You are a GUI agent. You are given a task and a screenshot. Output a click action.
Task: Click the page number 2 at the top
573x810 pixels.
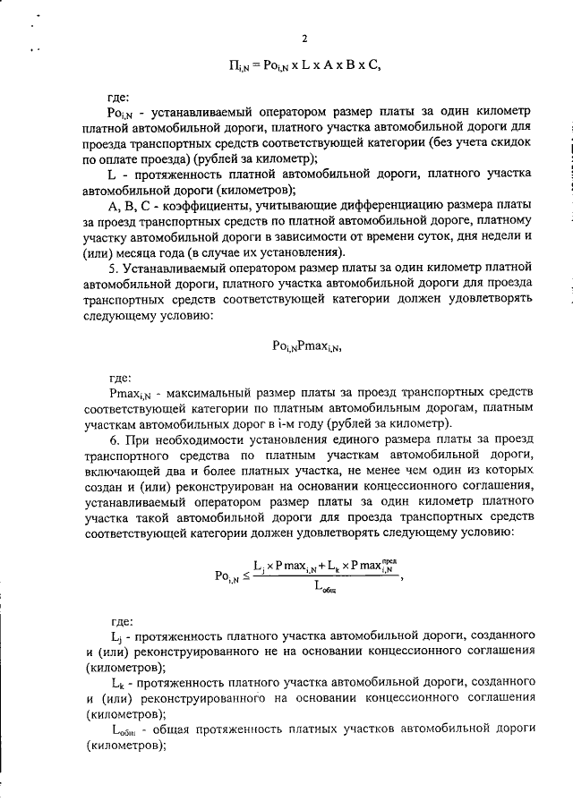(304, 38)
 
